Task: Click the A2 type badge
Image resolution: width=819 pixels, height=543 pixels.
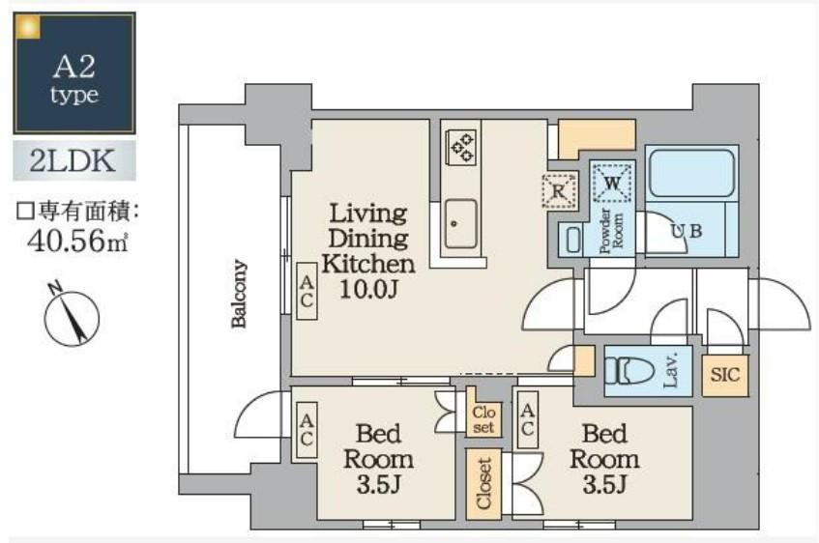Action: tap(74, 73)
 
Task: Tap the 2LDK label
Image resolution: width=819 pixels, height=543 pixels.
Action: tap(73, 160)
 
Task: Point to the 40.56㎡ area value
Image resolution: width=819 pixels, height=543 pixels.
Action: tap(77, 242)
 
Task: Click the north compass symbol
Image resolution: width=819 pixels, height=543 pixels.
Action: tap(71, 315)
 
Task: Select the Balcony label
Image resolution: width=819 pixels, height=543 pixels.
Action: tap(239, 294)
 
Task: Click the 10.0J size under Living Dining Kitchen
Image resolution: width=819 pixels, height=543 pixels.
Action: tap(368, 289)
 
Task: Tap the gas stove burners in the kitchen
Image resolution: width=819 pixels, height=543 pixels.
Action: tap(460, 147)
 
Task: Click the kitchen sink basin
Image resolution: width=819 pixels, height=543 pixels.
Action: tap(460, 223)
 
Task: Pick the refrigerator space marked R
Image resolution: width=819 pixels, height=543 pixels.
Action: tap(560, 190)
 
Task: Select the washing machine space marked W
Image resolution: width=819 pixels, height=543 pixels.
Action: tap(612, 183)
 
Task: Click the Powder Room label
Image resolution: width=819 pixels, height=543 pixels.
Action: tap(611, 231)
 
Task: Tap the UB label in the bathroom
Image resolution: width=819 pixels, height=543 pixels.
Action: tap(687, 230)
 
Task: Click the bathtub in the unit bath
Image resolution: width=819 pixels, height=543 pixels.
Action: tap(690, 172)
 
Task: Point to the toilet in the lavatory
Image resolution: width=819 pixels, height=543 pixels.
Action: tap(629, 371)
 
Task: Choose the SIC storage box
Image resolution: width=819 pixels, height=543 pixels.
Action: tap(725, 375)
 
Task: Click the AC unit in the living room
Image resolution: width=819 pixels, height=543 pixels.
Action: tap(307, 291)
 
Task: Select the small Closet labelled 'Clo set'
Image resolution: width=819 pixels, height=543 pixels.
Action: tap(483, 419)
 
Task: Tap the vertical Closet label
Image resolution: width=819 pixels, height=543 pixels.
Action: tap(484, 483)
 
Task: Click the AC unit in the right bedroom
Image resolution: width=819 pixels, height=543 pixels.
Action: tap(528, 419)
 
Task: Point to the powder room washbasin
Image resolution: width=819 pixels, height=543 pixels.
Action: tap(573, 241)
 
